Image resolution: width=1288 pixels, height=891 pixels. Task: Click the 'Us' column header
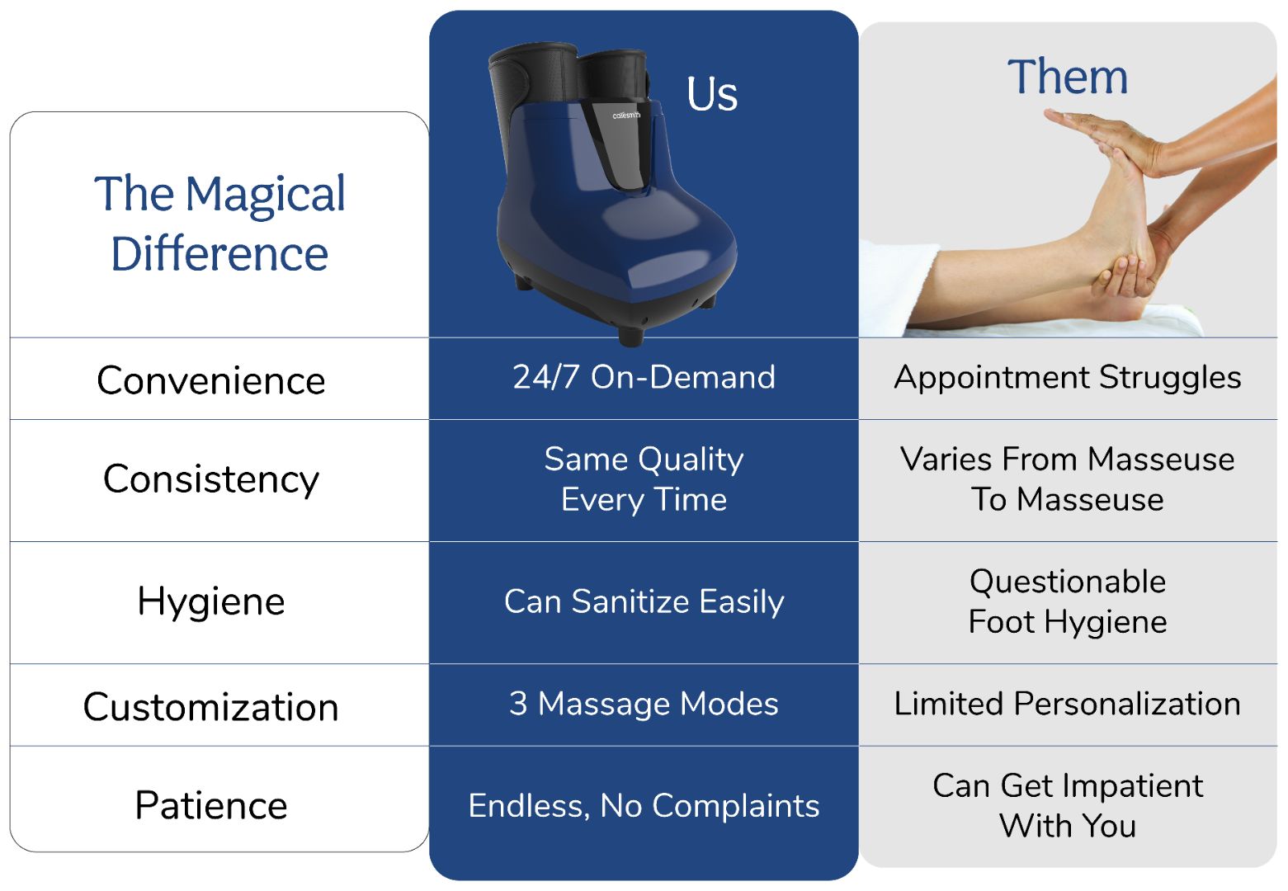point(712,94)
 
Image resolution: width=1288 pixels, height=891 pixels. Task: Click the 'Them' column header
point(1068,77)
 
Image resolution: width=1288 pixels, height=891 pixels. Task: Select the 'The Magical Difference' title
point(219,223)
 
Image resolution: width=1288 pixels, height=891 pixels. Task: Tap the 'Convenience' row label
point(211,380)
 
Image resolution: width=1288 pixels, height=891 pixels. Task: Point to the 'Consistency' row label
point(211,480)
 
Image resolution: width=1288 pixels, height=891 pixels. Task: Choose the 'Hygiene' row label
point(211,602)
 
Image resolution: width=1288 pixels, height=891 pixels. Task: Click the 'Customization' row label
point(211,706)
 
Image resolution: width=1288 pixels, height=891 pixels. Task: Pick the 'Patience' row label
point(211,805)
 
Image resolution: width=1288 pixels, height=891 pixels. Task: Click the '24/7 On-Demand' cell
point(644,377)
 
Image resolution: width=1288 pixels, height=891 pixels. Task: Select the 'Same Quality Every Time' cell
point(644,479)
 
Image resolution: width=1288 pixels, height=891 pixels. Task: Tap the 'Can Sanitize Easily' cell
point(644,602)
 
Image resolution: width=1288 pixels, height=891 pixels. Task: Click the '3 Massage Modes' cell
point(644,704)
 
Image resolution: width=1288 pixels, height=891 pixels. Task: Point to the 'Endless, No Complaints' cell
point(644,806)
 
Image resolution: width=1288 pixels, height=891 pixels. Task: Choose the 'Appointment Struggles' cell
point(1068,378)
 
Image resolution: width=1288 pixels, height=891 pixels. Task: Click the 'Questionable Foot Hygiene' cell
point(1068,602)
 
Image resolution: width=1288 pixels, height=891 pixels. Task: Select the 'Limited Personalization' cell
point(1068,704)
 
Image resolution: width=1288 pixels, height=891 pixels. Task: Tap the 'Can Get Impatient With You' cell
point(1068,806)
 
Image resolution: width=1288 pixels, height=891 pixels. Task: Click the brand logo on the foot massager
point(626,115)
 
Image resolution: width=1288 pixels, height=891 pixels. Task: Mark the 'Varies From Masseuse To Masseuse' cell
point(1068,479)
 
